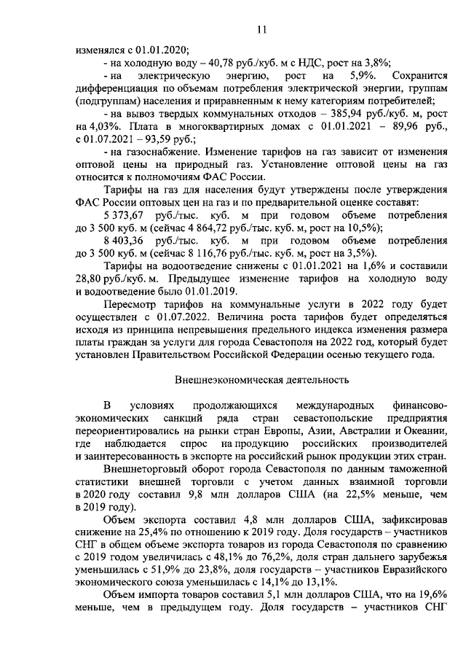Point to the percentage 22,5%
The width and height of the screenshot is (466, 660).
click(341, 494)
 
